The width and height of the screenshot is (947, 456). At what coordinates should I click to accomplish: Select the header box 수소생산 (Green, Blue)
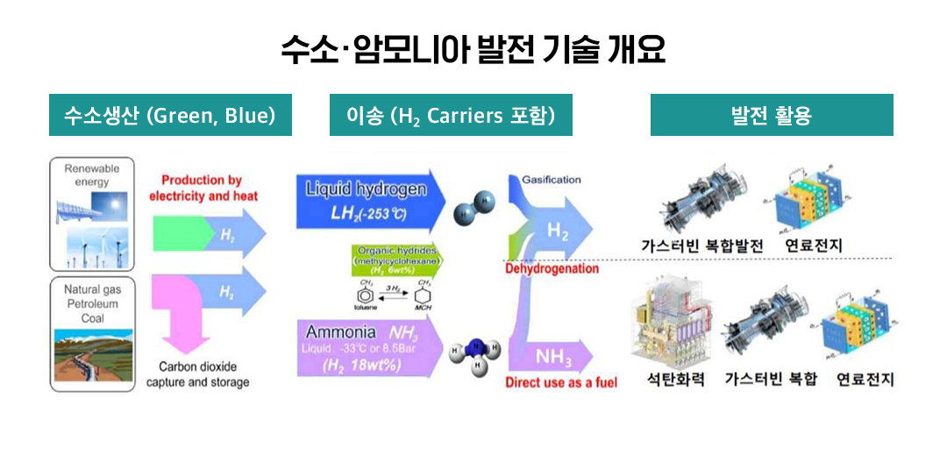click(170, 116)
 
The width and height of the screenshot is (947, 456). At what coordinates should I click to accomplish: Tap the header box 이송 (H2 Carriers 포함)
click(451, 116)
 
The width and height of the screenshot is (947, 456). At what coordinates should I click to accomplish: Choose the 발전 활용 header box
click(771, 116)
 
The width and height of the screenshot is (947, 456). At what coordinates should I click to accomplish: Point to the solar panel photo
click(91, 206)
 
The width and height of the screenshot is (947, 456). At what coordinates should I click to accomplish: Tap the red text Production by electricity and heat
click(203, 189)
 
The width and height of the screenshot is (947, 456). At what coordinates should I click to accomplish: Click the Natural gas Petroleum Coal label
click(92, 303)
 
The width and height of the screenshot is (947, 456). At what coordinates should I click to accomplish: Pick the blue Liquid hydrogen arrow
click(368, 201)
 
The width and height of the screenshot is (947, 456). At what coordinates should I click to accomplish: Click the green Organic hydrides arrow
click(395, 260)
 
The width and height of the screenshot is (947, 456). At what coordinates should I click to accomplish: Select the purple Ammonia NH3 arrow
click(368, 348)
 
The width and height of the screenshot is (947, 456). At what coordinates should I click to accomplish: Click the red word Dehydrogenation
click(552, 268)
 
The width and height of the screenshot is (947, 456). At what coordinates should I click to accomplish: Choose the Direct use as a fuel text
click(561, 382)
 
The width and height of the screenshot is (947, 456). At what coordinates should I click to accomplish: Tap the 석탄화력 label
click(675, 380)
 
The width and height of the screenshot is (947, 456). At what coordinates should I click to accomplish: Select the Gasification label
click(552, 180)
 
